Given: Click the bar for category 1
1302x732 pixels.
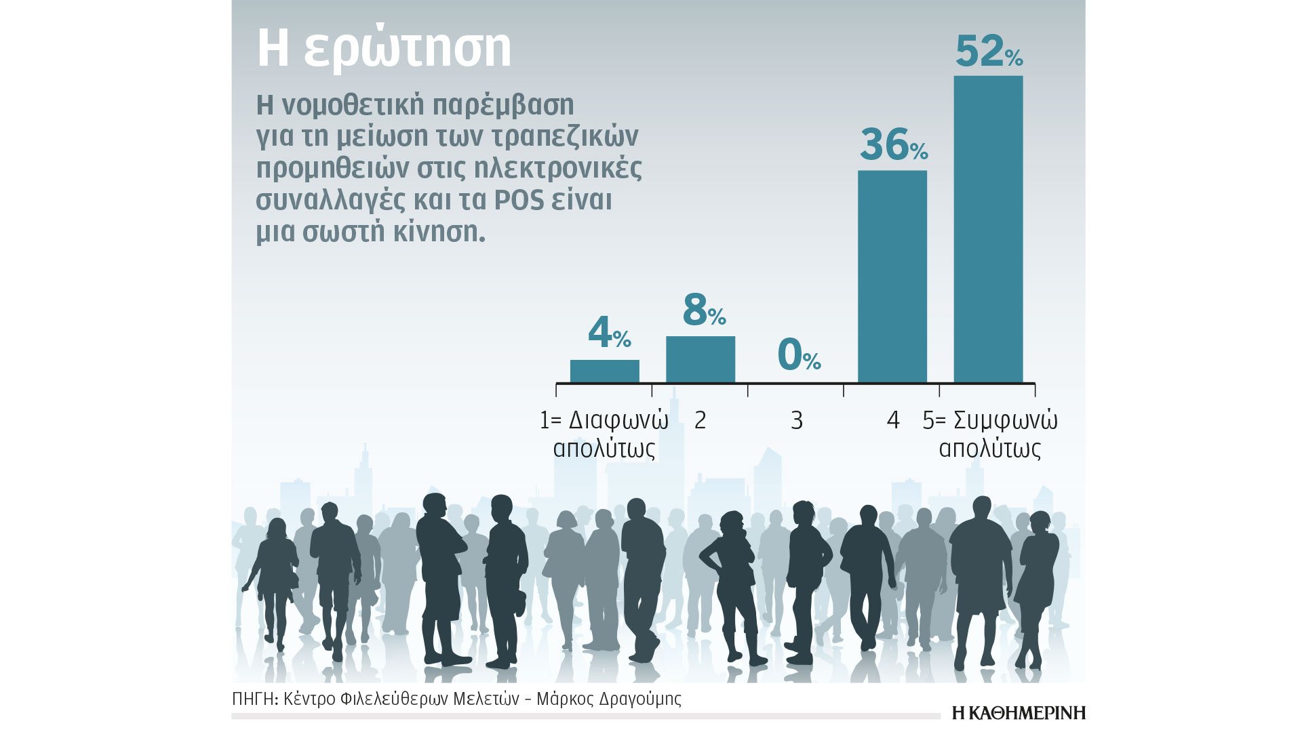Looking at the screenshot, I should (604, 371).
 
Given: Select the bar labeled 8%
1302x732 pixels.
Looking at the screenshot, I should (701, 359).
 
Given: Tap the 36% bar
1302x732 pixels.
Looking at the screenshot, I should (892, 277).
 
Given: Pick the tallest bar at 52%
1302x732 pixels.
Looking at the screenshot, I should (988, 229).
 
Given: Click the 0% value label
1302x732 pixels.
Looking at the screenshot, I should (798, 355).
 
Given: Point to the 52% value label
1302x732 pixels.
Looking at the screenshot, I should (988, 52).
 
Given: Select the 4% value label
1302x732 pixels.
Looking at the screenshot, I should (609, 333).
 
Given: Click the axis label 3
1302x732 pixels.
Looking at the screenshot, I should (797, 421).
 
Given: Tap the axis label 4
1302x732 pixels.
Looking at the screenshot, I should (893, 421).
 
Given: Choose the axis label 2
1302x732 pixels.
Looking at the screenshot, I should (701, 421).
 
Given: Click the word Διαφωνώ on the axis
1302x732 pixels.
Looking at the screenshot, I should (618, 421).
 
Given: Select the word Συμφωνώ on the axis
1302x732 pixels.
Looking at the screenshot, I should (1005, 421).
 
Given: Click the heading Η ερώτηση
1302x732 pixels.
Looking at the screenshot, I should (384, 49).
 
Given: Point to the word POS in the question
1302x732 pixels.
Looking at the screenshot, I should (519, 200).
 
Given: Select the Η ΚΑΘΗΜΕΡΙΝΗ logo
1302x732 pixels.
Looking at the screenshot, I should (1019, 713).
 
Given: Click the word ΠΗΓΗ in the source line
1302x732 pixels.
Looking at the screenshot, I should (254, 699).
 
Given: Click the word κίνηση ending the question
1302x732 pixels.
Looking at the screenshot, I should (446, 232).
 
